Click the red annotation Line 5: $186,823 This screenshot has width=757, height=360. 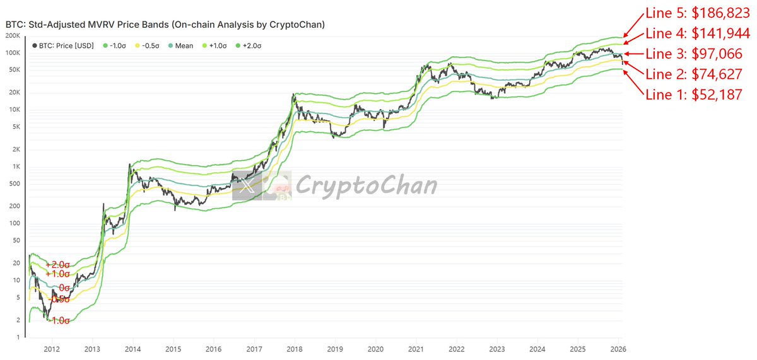[x=698, y=13]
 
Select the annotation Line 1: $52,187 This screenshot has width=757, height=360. [x=693, y=95]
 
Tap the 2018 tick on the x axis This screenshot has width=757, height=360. [x=294, y=349]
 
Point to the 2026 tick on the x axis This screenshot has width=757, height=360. [x=618, y=349]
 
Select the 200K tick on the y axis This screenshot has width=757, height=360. [x=14, y=36]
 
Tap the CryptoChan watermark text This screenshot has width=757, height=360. [x=366, y=185]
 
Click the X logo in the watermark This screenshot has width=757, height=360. [x=248, y=185]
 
